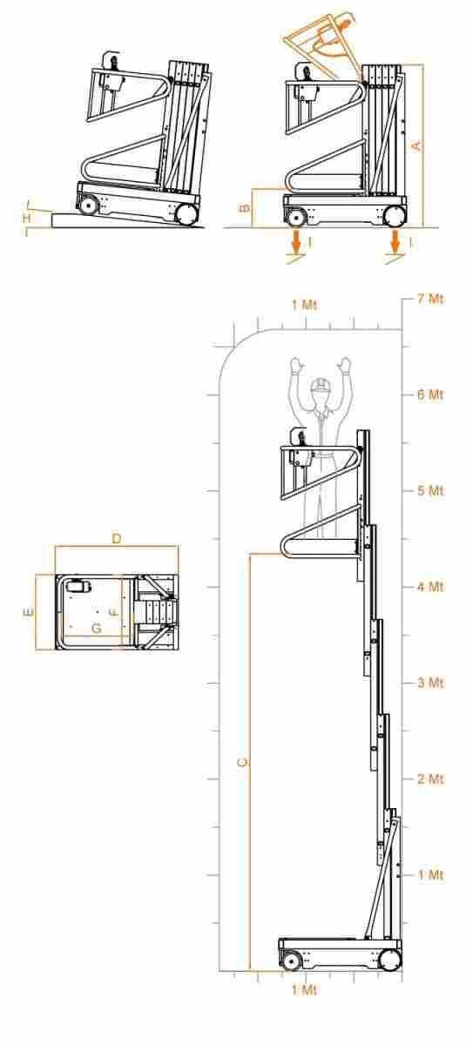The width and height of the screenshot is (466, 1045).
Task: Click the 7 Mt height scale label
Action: [x=429, y=299]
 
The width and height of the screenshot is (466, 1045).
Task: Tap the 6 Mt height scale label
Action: [x=429, y=394]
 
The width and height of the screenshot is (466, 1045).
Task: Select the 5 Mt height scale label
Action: [x=429, y=491]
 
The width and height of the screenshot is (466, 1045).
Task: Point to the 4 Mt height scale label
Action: [x=429, y=586]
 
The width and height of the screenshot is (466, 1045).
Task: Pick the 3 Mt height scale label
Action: [x=429, y=683]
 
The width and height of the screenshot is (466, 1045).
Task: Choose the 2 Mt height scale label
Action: [x=429, y=779]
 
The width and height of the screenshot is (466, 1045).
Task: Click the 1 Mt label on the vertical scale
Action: [x=429, y=874]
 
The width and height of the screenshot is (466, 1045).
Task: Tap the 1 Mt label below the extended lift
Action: [x=304, y=990]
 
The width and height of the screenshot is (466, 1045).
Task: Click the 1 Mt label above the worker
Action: [x=304, y=305]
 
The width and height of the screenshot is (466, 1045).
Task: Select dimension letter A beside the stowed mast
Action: [x=416, y=145]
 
